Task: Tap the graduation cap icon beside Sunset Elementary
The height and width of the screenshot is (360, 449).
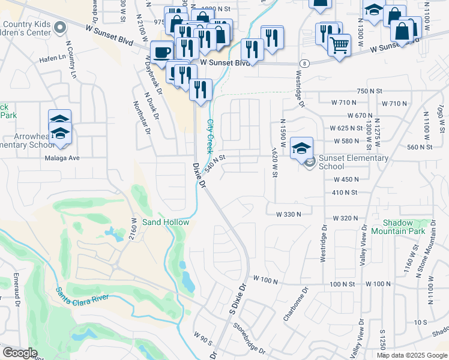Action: (301, 148)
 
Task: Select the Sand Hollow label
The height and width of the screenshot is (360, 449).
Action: (166, 222)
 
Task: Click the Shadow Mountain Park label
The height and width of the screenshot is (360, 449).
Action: (398, 227)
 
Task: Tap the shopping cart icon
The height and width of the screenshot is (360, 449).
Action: (339, 44)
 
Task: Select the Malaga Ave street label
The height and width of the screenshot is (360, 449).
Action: (62, 158)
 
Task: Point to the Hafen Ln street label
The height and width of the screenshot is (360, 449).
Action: (53, 58)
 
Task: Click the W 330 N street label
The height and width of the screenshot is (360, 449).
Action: (288, 214)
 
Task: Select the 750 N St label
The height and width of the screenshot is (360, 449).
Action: (369, 91)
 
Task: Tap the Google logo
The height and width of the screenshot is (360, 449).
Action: (20, 353)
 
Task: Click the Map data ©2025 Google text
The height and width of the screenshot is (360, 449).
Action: (412, 355)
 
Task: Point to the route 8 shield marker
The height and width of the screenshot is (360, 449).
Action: (305, 63)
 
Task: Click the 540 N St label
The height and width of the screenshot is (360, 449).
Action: (214, 161)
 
